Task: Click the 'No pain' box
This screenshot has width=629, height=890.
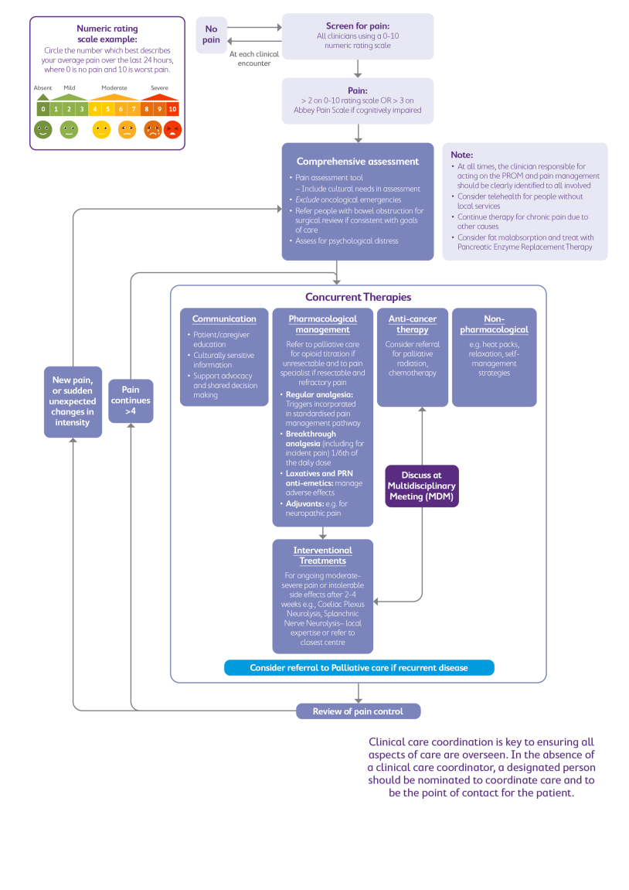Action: click(x=211, y=35)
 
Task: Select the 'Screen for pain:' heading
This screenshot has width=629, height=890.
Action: click(x=356, y=26)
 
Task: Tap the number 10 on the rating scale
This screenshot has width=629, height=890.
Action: click(x=172, y=109)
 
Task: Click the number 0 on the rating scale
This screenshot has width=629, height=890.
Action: click(x=43, y=109)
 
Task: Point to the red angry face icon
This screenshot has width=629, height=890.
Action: click(x=172, y=129)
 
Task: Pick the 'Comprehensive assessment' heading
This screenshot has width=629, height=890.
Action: click(x=357, y=162)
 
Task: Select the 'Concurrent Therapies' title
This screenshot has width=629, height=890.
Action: click(x=358, y=297)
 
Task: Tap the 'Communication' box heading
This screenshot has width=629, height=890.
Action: click(x=224, y=319)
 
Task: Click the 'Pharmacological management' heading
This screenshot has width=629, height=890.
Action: click(x=322, y=324)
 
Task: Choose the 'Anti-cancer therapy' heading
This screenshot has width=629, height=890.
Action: click(x=412, y=324)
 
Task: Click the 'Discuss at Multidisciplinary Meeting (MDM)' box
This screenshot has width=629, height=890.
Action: click(x=422, y=486)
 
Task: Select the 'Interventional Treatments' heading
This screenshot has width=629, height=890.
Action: click(x=322, y=555)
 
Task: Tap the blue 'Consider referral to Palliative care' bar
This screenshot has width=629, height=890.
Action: click(x=359, y=668)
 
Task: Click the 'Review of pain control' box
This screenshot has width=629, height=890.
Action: click(x=359, y=711)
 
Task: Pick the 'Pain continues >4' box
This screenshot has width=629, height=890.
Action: click(x=131, y=401)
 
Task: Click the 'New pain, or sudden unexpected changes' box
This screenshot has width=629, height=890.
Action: click(x=73, y=401)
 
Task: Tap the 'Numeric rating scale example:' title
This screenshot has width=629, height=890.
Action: click(x=107, y=33)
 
